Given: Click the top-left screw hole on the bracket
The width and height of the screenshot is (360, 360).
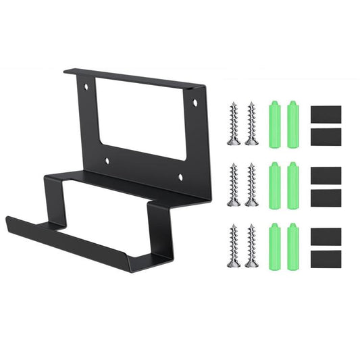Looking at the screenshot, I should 86,88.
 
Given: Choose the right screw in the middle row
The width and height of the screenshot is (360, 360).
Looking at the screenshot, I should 251,184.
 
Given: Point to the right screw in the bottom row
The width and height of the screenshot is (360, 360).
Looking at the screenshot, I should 251,245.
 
